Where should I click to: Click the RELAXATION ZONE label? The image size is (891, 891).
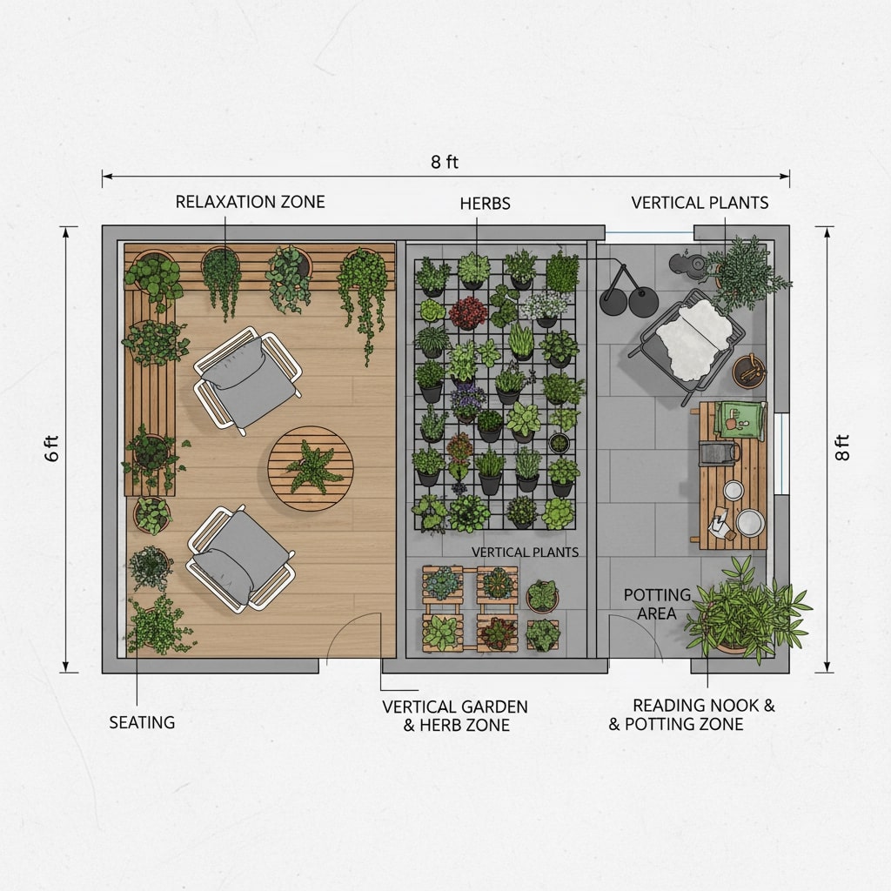[250, 202]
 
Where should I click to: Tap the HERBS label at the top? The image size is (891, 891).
[485, 204]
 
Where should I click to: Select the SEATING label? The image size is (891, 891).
[142, 722]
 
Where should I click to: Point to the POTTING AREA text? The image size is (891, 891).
[657, 604]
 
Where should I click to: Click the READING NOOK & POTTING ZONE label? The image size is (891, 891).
[692, 714]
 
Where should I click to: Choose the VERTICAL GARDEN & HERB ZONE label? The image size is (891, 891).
[455, 715]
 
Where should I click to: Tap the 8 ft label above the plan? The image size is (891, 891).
[445, 162]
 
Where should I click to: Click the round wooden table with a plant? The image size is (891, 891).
[311, 468]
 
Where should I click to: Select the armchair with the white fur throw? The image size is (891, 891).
[687, 345]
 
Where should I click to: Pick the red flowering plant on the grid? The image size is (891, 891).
[468, 312]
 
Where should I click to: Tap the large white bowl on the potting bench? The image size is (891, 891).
[750, 522]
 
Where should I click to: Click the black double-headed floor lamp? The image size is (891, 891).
[628, 291]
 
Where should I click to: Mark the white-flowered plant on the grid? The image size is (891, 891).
[545, 308]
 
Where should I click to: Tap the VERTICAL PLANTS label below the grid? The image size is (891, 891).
[525, 553]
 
